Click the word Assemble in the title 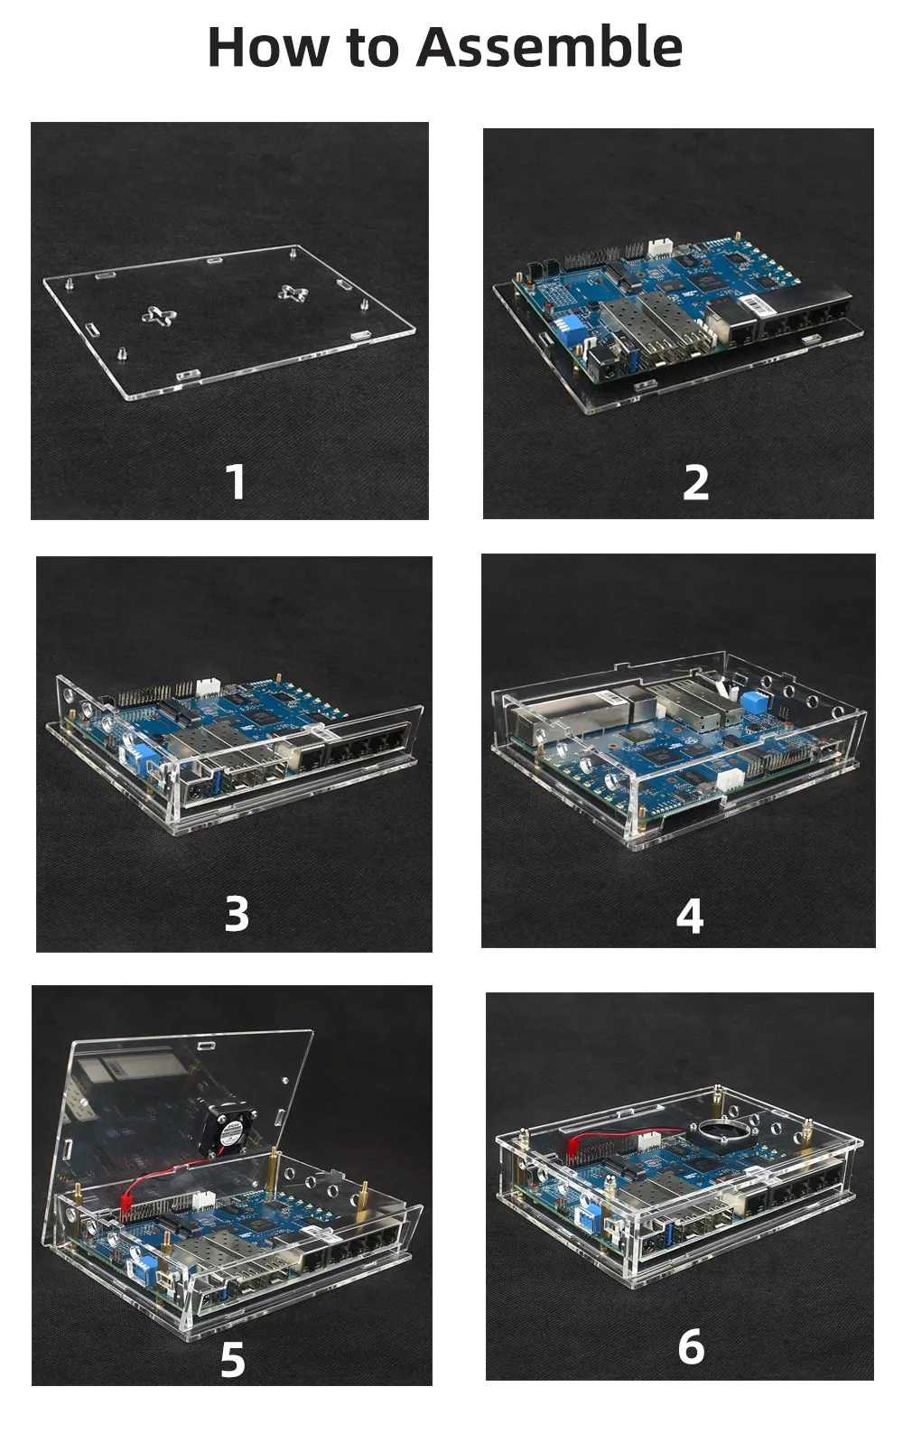tap(549, 47)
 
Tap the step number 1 tap(236, 481)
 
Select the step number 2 tap(695, 482)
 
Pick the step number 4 tap(690, 916)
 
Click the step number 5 tap(233, 1359)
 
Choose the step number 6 tap(691, 1345)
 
